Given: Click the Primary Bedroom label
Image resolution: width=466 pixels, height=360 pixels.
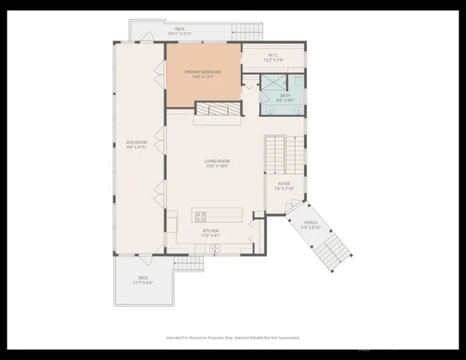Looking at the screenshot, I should (x=203, y=73).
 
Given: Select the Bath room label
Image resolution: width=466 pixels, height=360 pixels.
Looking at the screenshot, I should (x=285, y=96).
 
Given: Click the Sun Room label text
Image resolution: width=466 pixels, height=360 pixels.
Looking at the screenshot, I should (x=136, y=144).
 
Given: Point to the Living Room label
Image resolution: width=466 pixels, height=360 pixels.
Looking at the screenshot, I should (x=217, y=163).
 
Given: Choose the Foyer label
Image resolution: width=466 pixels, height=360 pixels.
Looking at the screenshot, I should (x=284, y=185).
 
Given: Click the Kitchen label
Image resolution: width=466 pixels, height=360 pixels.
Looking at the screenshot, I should (x=209, y=233).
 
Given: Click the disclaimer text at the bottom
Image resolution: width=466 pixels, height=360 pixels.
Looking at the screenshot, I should (x=233, y=337).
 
